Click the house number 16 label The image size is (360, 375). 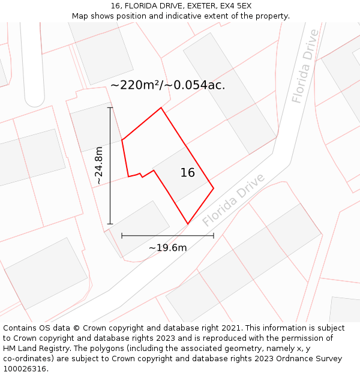(188, 173)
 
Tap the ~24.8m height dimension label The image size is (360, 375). (99, 166)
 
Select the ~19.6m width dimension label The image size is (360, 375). (167, 248)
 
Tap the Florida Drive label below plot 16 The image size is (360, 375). (233, 200)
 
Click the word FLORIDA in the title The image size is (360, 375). (138, 6)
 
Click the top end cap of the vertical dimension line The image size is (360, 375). (110, 108)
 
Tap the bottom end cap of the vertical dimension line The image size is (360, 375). (110, 224)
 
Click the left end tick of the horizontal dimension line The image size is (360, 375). (122, 236)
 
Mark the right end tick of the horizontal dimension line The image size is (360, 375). (214, 236)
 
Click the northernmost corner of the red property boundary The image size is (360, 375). (161, 108)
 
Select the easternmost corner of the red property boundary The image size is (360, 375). (214, 188)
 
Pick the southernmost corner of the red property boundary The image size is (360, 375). (188, 224)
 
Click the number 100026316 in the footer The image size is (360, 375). (25, 368)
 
